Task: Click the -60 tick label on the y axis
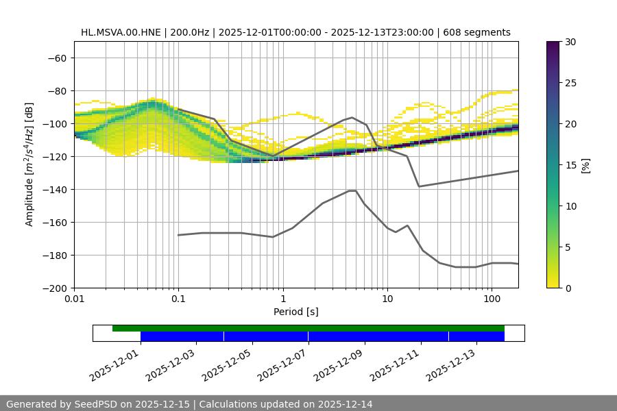tap(57, 58)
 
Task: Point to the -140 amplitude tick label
tap(54, 189)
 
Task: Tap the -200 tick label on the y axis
tap(54, 288)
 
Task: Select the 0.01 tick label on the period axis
tap(74, 299)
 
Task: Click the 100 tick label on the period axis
tap(492, 299)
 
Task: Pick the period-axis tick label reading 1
tap(282, 299)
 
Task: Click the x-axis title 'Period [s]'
tap(295, 312)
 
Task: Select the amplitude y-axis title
tap(29, 164)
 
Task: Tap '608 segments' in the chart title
tap(477, 32)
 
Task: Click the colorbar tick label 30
tap(569, 42)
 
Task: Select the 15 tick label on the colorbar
tap(569, 165)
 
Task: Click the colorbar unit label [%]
tap(585, 165)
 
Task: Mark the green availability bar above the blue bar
tap(308, 328)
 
